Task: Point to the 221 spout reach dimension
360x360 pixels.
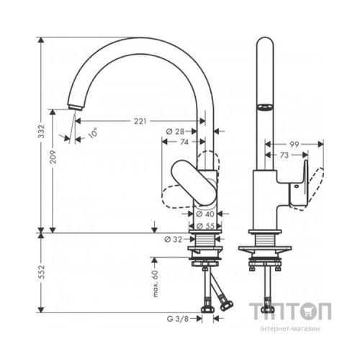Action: (140, 121)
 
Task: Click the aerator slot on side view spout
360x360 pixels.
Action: (264, 107)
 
